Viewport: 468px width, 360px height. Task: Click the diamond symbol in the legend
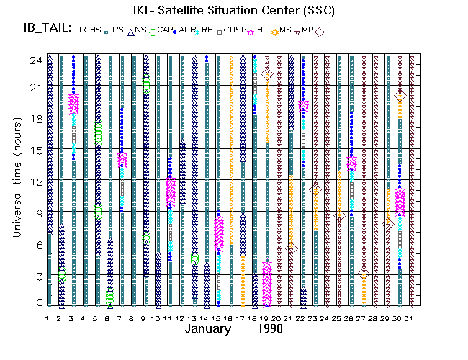click(319, 32)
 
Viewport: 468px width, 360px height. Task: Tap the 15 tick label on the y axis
click(34, 150)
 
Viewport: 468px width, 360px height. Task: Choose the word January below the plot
click(208, 329)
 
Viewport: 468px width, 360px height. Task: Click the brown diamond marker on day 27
click(364, 274)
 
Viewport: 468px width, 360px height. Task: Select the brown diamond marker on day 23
click(315, 189)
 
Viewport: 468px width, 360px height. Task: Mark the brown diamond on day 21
click(291, 248)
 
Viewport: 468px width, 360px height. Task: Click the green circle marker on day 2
click(62, 274)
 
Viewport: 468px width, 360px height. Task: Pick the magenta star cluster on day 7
click(122, 159)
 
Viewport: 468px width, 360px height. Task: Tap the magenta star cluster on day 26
click(351, 163)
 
